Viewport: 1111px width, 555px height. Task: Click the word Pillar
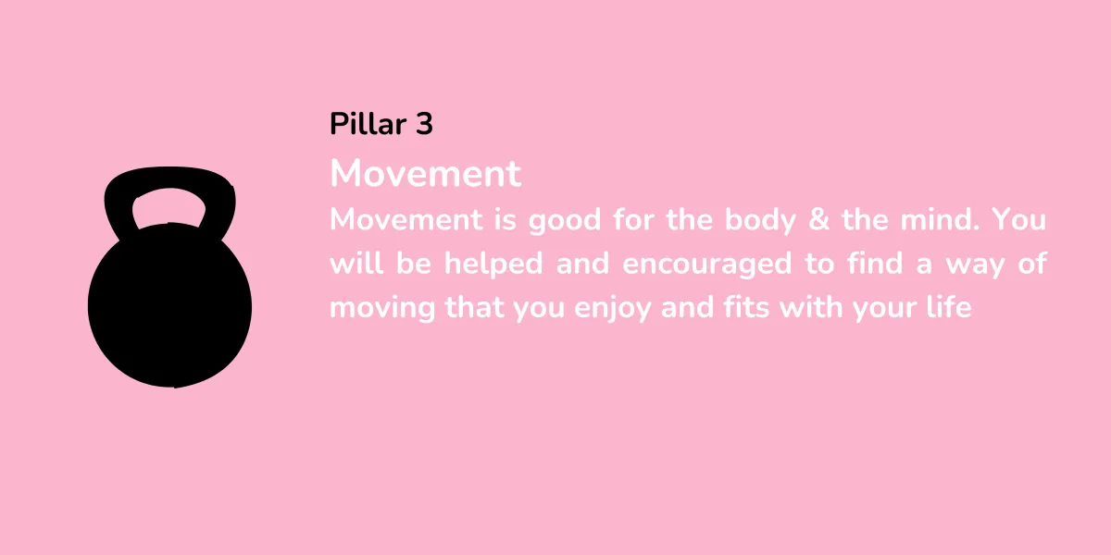368,123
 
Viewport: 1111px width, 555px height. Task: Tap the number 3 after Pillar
425,124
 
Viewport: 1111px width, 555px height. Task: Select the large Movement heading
426,174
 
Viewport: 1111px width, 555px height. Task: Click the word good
565,220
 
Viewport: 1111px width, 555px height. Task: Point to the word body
760,220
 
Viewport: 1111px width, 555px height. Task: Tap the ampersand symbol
818,219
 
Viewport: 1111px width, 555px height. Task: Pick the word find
875,263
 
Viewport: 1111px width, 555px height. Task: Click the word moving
382,308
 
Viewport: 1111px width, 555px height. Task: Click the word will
356,263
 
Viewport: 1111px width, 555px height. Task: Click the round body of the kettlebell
169,307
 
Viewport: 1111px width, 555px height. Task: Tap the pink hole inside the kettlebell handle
169,207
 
